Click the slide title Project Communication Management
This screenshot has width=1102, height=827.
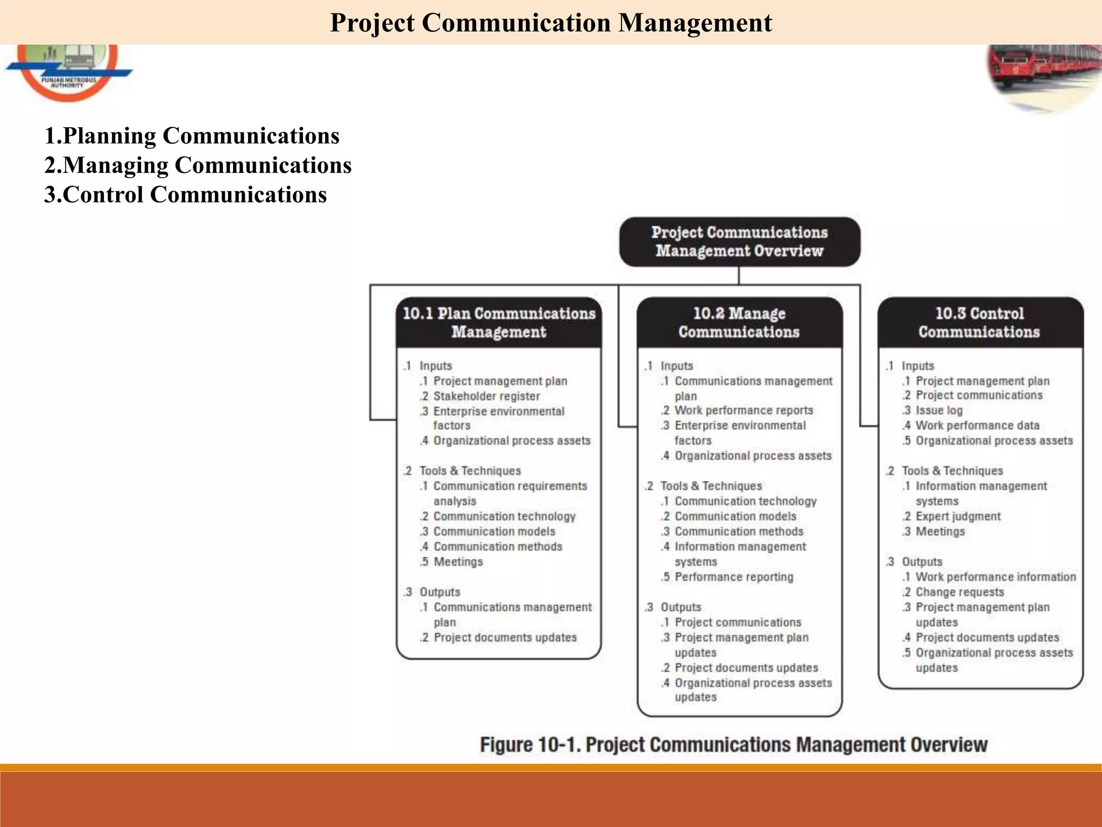[550, 23]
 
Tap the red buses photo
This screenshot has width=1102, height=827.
[1044, 75]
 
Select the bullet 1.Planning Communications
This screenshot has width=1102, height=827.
[192, 136]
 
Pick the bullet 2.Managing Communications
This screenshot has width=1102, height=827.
[197, 165]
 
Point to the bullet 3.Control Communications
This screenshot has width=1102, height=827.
[185, 195]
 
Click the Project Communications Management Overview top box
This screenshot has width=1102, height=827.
[739, 242]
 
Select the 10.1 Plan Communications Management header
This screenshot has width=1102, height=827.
[499, 323]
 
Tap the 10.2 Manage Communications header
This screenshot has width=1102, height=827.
[739, 323]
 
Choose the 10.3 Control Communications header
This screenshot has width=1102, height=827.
[979, 323]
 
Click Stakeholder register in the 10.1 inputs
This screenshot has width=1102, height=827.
[486, 396]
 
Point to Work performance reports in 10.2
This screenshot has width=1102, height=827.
[744, 410]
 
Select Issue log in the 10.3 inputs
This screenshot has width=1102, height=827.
[939, 410]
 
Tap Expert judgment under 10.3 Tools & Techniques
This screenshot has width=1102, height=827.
[958, 516]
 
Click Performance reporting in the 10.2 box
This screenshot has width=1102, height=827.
[734, 577]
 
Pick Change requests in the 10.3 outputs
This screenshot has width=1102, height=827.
[959, 592]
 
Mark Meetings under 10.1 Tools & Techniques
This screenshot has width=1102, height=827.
[458, 562]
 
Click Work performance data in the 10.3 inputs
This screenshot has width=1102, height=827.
[977, 425]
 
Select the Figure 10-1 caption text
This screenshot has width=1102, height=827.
[733, 745]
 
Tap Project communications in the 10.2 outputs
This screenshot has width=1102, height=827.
[738, 622]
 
